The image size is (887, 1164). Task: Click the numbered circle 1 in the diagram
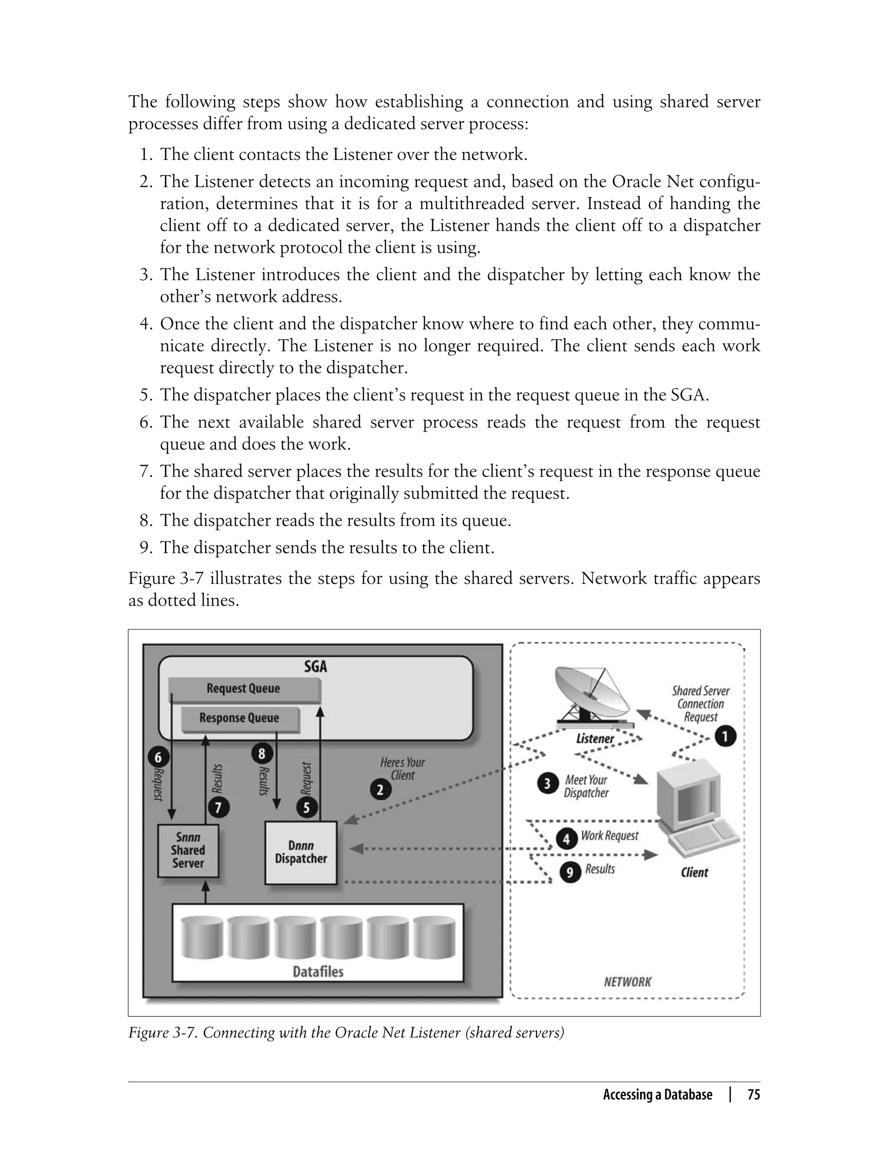(725, 736)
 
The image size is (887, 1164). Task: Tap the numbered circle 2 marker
(380, 790)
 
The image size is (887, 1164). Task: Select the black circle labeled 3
(547, 784)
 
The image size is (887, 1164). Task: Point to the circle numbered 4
(567, 838)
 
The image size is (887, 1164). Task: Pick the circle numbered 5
(306, 807)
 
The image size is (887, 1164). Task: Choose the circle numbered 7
(219, 807)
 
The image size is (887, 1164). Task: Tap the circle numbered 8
(261, 754)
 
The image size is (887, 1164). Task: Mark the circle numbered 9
(570, 873)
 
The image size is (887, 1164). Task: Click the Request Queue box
(244, 689)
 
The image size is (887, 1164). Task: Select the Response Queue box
(240, 718)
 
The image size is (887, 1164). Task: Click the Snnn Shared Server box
(188, 851)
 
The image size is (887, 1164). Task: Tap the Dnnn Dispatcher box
(301, 852)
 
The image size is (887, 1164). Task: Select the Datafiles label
(318, 972)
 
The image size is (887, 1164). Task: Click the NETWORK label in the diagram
(627, 982)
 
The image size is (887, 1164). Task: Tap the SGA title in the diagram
(315, 667)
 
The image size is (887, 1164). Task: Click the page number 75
(754, 1095)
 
